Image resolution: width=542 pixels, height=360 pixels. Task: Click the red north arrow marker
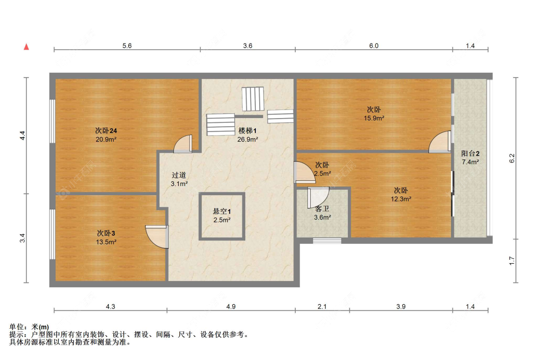[x=27, y=47]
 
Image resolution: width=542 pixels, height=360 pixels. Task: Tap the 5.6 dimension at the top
[x=127, y=46]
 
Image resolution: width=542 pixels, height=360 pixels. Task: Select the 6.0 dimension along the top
[x=374, y=46]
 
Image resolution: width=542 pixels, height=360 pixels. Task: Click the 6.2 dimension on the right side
[x=512, y=158]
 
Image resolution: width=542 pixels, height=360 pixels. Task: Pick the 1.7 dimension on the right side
[x=512, y=260]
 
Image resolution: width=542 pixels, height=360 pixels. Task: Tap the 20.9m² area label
[x=106, y=139]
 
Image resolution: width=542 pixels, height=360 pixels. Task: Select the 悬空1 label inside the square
[x=222, y=211]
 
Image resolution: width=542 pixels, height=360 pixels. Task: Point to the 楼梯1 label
[x=248, y=131]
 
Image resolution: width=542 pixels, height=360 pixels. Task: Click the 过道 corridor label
[x=179, y=175]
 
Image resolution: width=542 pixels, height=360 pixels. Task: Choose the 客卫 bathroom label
[x=322, y=209]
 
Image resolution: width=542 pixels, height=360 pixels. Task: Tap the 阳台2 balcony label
[x=470, y=154]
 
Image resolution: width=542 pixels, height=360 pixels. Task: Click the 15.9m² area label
[x=374, y=118]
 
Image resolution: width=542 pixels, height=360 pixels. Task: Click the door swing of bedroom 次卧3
[x=157, y=237]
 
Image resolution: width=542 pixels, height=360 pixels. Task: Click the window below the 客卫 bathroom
[x=327, y=240]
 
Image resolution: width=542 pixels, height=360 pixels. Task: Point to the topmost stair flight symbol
[x=253, y=98]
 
